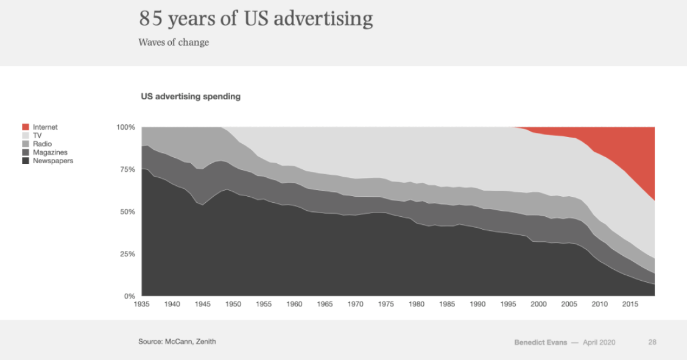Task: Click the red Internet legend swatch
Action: coord(26,127)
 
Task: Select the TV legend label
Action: coord(37,136)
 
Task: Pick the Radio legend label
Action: coord(42,144)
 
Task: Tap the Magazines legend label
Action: coord(50,152)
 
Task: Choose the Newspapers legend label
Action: coord(53,161)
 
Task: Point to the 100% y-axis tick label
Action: coord(125,127)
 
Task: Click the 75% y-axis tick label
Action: coord(127,170)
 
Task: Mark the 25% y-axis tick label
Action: coord(127,254)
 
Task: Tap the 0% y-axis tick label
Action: coord(129,296)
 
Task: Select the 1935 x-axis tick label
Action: coord(141,304)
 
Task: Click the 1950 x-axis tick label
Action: coord(233,304)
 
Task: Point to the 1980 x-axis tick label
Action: coord(417,304)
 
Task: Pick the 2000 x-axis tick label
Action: coord(538,304)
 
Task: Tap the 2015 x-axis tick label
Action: coord(630,304)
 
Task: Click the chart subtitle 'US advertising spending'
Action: coord(191,96)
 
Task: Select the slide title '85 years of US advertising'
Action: coord(256,19)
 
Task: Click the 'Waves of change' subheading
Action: coord(174,43)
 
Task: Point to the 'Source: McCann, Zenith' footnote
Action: coord(177,342)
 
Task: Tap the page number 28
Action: coord(652,342)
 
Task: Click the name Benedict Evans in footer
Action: coord(540,342)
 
